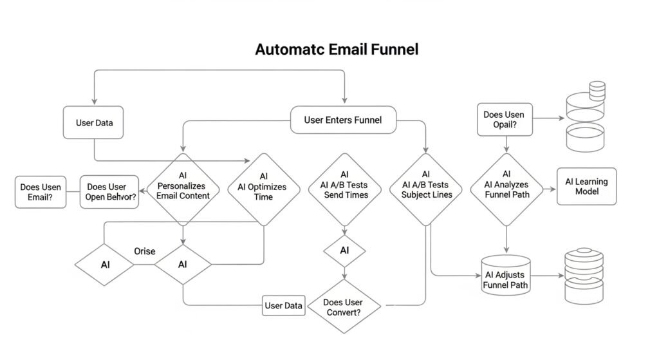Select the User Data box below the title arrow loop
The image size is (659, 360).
click(x=94, y=122)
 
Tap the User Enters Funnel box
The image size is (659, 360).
click(x=342, y=120)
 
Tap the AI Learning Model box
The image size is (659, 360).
click(x=586, y=187)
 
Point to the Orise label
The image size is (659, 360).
click(x=144, y=251)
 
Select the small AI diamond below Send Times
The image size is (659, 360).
click(x=345, y=251)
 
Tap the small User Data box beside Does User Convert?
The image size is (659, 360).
click(x=283, y=305)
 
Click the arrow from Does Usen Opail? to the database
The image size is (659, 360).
click(x=550, y=119)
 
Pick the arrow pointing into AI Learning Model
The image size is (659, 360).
click(x=549, y=189)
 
